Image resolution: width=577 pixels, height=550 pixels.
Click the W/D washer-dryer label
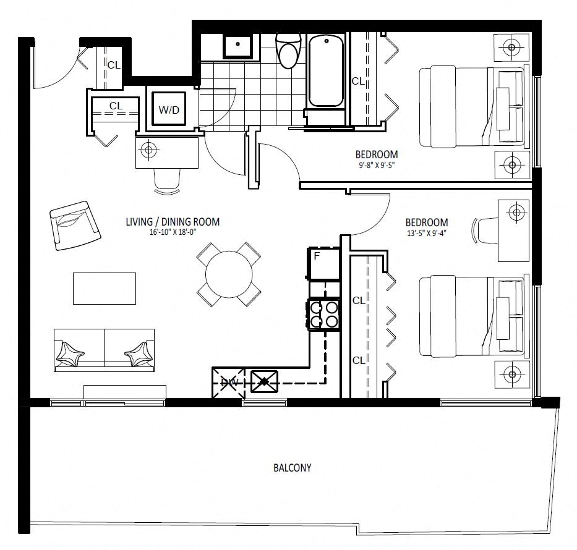click(169, 110)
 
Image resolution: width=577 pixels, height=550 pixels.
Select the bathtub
click(326, 70)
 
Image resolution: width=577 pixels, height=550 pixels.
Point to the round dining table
click(229, 274)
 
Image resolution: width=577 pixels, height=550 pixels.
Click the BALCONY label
click(292, 468)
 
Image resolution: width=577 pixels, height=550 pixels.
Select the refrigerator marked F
click(323, 264)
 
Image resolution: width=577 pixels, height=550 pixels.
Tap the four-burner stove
click(323, 315)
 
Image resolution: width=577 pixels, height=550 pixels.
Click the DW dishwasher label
click(229, 383)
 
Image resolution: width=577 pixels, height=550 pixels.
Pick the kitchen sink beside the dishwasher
click(264, 381)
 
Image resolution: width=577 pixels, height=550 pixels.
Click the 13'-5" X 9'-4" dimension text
click(427, 233)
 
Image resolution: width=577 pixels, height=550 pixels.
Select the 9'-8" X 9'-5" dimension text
click(377, 165)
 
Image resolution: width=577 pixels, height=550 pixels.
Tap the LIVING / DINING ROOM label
click(173, 222)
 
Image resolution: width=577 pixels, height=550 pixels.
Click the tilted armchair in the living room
click(75, 226)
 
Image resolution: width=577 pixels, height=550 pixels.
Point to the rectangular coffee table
click(105, 288)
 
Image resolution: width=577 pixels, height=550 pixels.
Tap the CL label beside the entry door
click(114, 65)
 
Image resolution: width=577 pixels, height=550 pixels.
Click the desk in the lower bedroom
click(513, 231)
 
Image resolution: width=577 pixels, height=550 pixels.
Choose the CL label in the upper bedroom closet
click(358, 81)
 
